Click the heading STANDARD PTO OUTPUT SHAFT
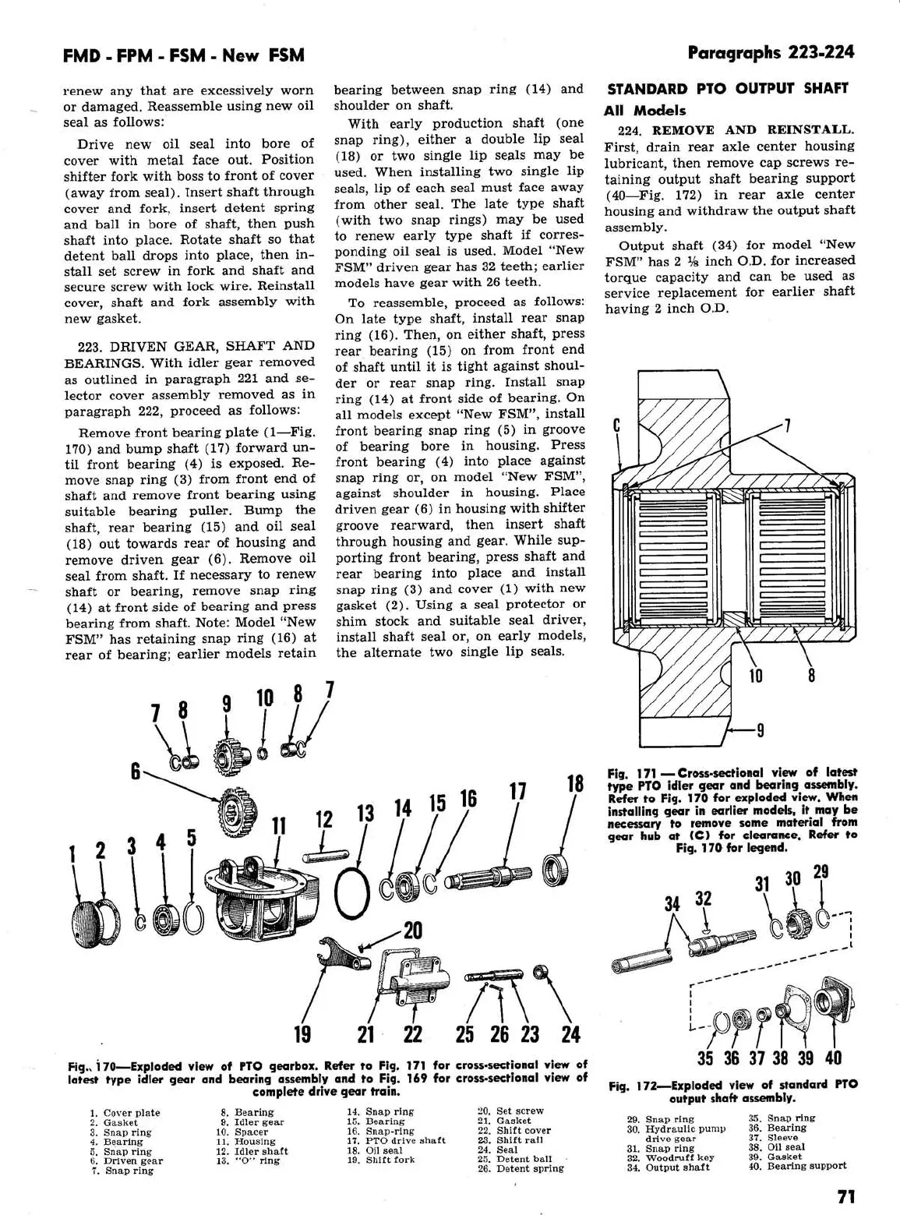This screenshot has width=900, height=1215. coord(726,88)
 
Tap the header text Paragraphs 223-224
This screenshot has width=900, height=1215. coord(771,53)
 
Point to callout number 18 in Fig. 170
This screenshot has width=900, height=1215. coord(575,783)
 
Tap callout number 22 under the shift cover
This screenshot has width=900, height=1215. coord(412,1034)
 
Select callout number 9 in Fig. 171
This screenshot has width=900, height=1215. coord(760,730)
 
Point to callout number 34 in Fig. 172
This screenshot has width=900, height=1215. coord(672,904)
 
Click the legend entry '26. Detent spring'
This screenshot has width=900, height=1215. coord(520,1168)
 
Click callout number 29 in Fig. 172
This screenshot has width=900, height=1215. coord(821,872)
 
